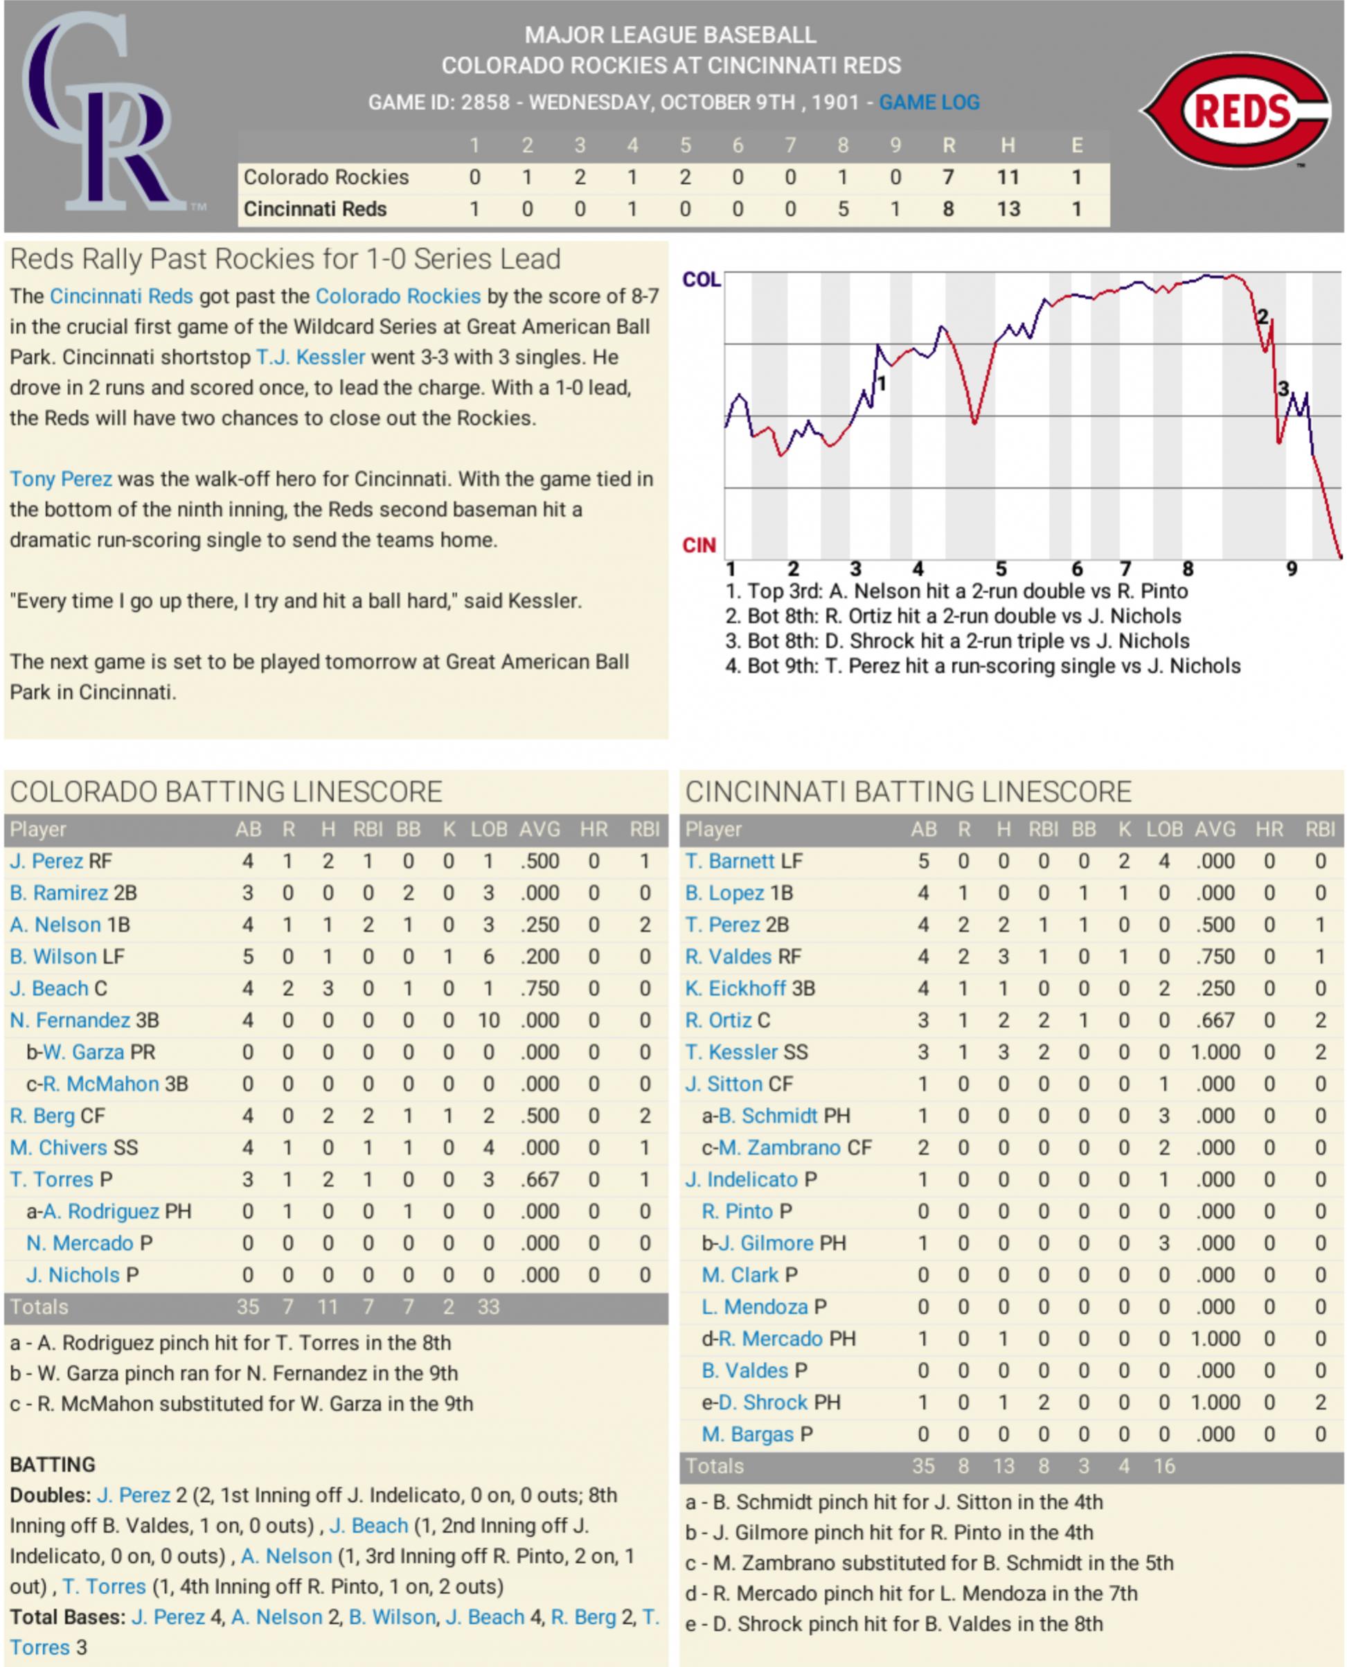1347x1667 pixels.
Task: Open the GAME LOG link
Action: click(x=929, y=102)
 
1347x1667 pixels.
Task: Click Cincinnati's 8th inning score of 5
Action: click(x=843, y=208)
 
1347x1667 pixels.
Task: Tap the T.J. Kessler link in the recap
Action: click(x=310, y=357)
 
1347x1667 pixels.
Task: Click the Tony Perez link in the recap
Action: click(x=60, y=479)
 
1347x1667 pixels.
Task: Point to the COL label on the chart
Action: click(x=702, y=279)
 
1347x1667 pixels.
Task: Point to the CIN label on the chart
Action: click(x=698, y=546)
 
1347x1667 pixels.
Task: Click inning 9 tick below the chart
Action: click(x=1291, y=569)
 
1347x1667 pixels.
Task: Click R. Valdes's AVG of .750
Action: click(x=1214, y=956)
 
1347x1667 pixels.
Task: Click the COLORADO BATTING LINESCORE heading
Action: click(x=226, y=792)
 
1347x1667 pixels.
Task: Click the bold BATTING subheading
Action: click(x=52, y=1465)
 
